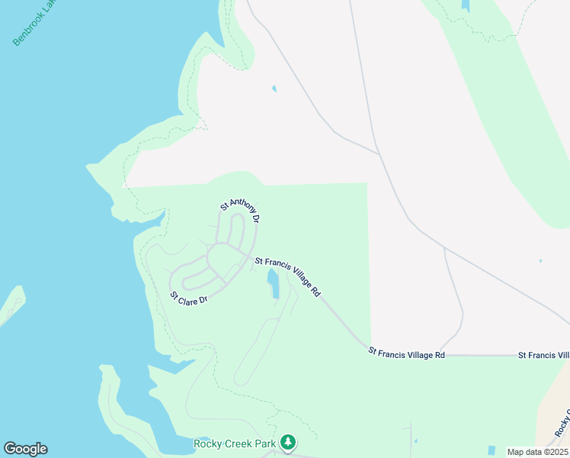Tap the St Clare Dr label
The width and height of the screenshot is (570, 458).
point(189,298)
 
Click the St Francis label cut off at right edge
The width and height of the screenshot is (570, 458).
point(543,355)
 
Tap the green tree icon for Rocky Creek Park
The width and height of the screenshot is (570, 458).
point(288,442)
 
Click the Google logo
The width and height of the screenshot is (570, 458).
point(25,449)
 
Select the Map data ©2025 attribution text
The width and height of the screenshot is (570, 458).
point(536,452)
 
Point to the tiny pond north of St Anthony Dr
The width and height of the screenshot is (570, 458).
point(274,89)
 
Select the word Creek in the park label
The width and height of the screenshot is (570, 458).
point(240,443)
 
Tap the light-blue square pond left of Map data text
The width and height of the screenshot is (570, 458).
point(491,450)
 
